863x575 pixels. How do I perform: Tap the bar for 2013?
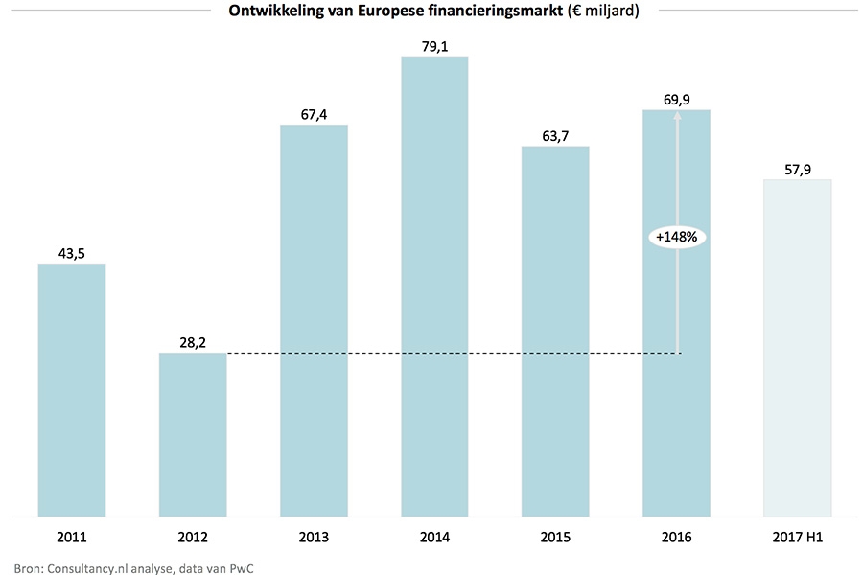point(314,321)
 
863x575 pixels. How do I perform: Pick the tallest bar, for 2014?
point(434,287)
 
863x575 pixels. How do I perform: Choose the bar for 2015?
point(555,332)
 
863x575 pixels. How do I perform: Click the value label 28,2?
point(193,340)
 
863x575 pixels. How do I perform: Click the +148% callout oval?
point(677,237)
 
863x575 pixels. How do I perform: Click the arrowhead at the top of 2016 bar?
point(677,115)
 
